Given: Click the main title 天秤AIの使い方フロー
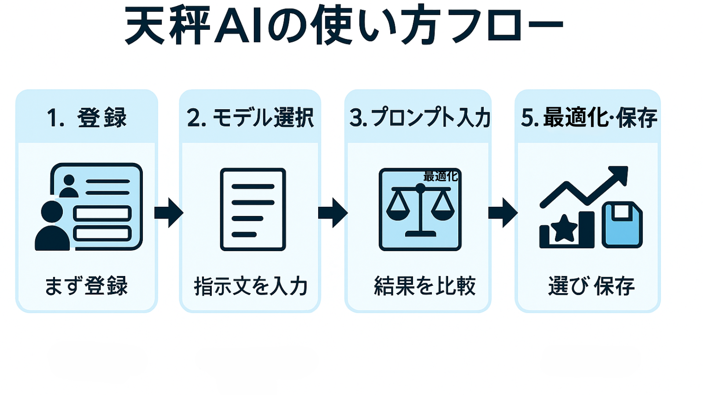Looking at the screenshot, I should (x=344, y=25).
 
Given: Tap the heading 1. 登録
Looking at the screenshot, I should (x=87, y=118).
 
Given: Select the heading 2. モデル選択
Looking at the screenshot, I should (x=250, y=118).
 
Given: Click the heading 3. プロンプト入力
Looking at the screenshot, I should (x=419, y=118).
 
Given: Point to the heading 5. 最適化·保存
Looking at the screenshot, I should (x=589, y=118).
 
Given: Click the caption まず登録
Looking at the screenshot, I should (x=87, y=286).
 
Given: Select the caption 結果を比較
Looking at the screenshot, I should (x=424, y=286).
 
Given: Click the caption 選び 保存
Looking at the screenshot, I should (x=591, y=286).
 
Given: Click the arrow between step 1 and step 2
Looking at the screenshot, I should (x=169, y=213).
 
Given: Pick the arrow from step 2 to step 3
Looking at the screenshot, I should (x=333, y=213).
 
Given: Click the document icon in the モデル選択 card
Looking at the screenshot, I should (x=253, y=209).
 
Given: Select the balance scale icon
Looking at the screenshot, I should (x=420, y=210).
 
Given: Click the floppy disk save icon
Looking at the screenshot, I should (x=622, y=224).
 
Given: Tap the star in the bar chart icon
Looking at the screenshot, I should (x=565, y=229).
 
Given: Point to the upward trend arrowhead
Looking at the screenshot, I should (x=620, y=174).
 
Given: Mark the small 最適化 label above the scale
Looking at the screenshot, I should (x=440, y=176).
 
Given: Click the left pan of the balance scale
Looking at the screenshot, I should (x=398, y=211).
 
